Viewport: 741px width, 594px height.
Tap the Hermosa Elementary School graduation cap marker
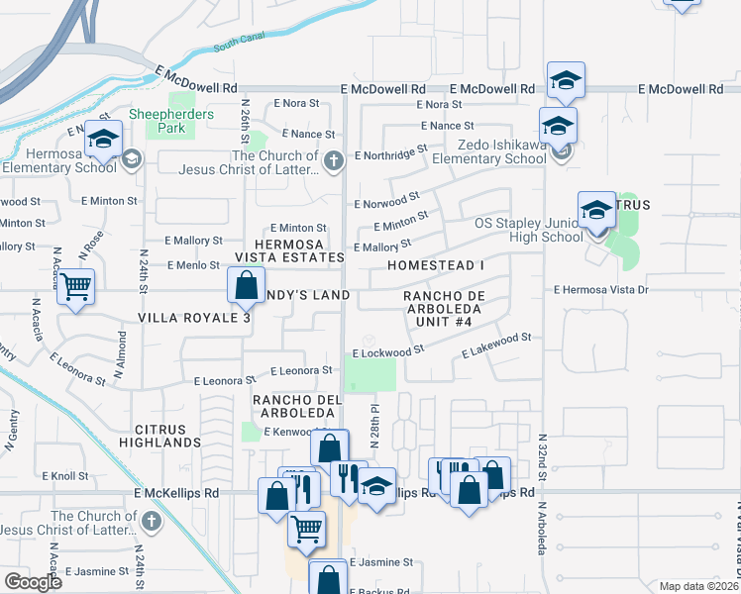click(x=102, y=140)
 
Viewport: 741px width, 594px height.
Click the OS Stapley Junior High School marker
click(x=595, y=211)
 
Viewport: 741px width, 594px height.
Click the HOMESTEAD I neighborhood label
click(x=436, y=266)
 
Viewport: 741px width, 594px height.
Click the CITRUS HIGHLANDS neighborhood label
click(x=161, y=436)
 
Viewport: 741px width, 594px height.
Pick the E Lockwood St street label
click(x=387, y=350)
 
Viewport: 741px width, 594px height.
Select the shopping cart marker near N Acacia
click(x=75, y=288)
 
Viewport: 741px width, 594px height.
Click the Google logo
click(x=33, y=582)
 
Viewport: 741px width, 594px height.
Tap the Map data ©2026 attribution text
click(x=698, y=586)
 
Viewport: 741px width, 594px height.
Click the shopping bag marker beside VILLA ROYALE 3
click(x=245, y=287)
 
